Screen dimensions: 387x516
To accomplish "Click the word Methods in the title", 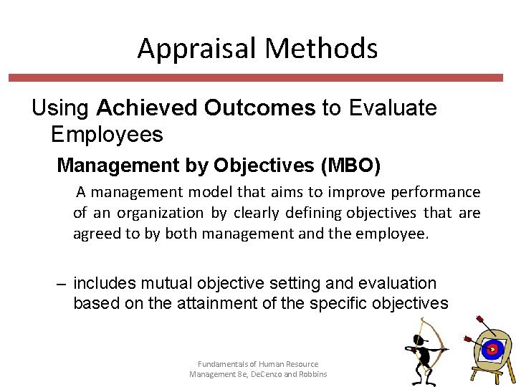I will (320, 49).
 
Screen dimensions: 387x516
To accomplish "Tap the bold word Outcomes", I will (259, 108).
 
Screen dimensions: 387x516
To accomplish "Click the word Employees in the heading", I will (107, 134).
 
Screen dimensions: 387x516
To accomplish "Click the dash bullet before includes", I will (62, 284).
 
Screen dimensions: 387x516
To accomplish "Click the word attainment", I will (213, 303).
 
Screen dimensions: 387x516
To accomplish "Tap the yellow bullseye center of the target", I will (491, 350).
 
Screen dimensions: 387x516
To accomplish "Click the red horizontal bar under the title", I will (258, 77).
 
